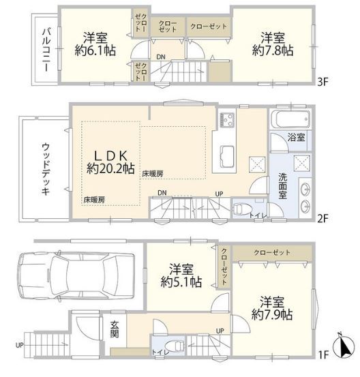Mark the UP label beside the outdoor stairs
click(20, 345)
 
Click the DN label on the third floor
click(160, 57)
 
